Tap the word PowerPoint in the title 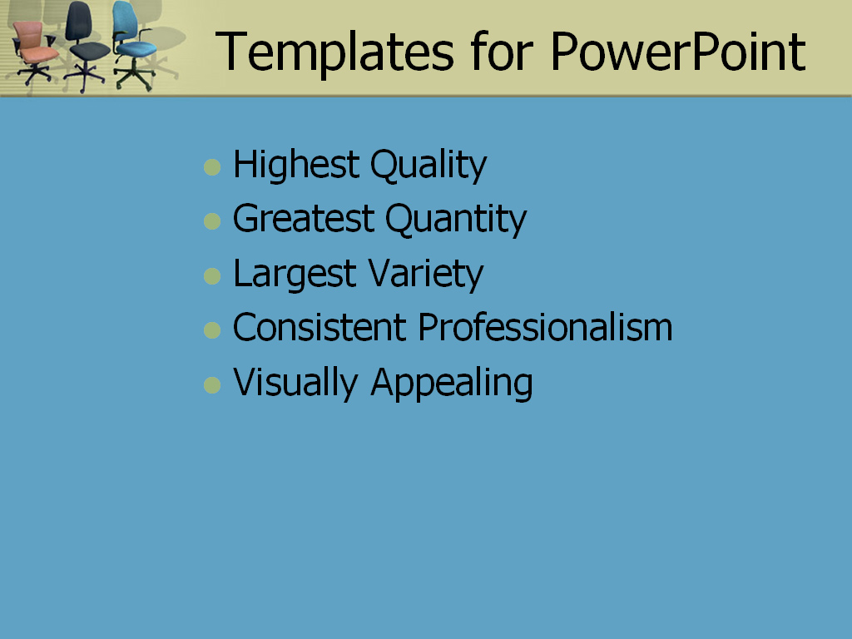click(x=678, y=52)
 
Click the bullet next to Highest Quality click(x=213, y=167)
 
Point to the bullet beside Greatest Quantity click(x=213, y=221)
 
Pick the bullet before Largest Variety click(x=213, y=276)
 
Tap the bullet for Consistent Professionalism click(x=213, y=330)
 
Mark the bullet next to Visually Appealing click(x=213, y=385)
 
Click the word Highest click(x=295, y=166)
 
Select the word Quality click(x=428, y=166)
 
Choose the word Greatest click(x=304, y=220)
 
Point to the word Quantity click(x=455, y=220)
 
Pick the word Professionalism click(x=545, y=328)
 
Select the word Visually click(x=295, y=383)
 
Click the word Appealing click(x=452, y=384)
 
